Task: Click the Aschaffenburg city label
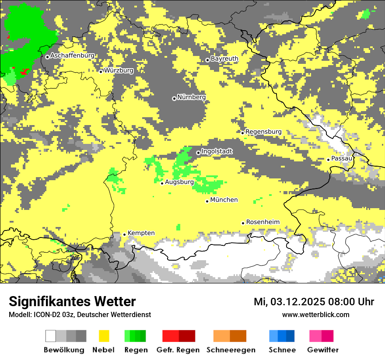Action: click(x=72, y=56)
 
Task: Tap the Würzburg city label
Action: click(x=119, y=70)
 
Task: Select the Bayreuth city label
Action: click(x=224, y=59)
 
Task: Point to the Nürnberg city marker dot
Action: click(x=174, y=98)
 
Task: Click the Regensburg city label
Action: click(x=263, y=132)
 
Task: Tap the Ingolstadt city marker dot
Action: click(x=198, y=153)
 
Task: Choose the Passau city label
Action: click(x=342, y=158)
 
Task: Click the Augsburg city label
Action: click(x=179, y=182)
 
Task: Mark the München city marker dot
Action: click(x=207, y=201)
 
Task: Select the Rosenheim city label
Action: click(x=262, y=222)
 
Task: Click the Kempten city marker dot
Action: click(x=124, y=234)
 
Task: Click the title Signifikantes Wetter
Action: click(x=72, y=301)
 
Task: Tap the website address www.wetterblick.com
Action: click(x=315, y=314)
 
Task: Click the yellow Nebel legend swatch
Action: click(x=104, y=336)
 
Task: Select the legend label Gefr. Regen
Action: click(x=178, y=350)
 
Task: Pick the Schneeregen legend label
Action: click(x=231, y=350)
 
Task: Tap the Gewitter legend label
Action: click(x=323, y=350)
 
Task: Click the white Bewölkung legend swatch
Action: click(x=50, y=336)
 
